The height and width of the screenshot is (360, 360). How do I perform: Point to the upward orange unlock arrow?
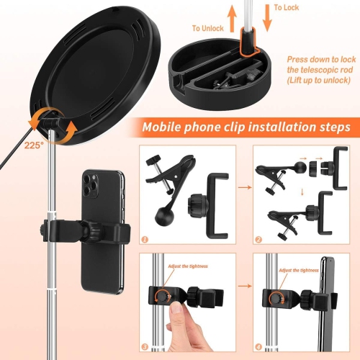(x=233, y=18)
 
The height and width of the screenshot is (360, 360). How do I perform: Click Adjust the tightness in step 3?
(x=188, y=266)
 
